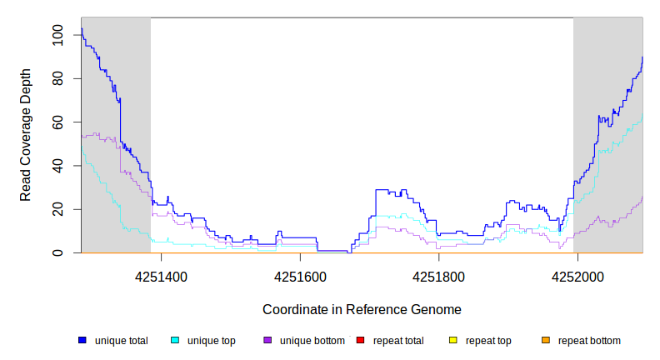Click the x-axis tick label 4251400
coord(161,276)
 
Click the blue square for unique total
coord(82,340)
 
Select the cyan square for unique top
coord(175,340)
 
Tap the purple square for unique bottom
coord(267,340)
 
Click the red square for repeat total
coord(360,340)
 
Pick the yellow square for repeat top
coord(453,340)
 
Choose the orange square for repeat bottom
coord(546,340)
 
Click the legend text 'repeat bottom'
coord(589,341)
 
